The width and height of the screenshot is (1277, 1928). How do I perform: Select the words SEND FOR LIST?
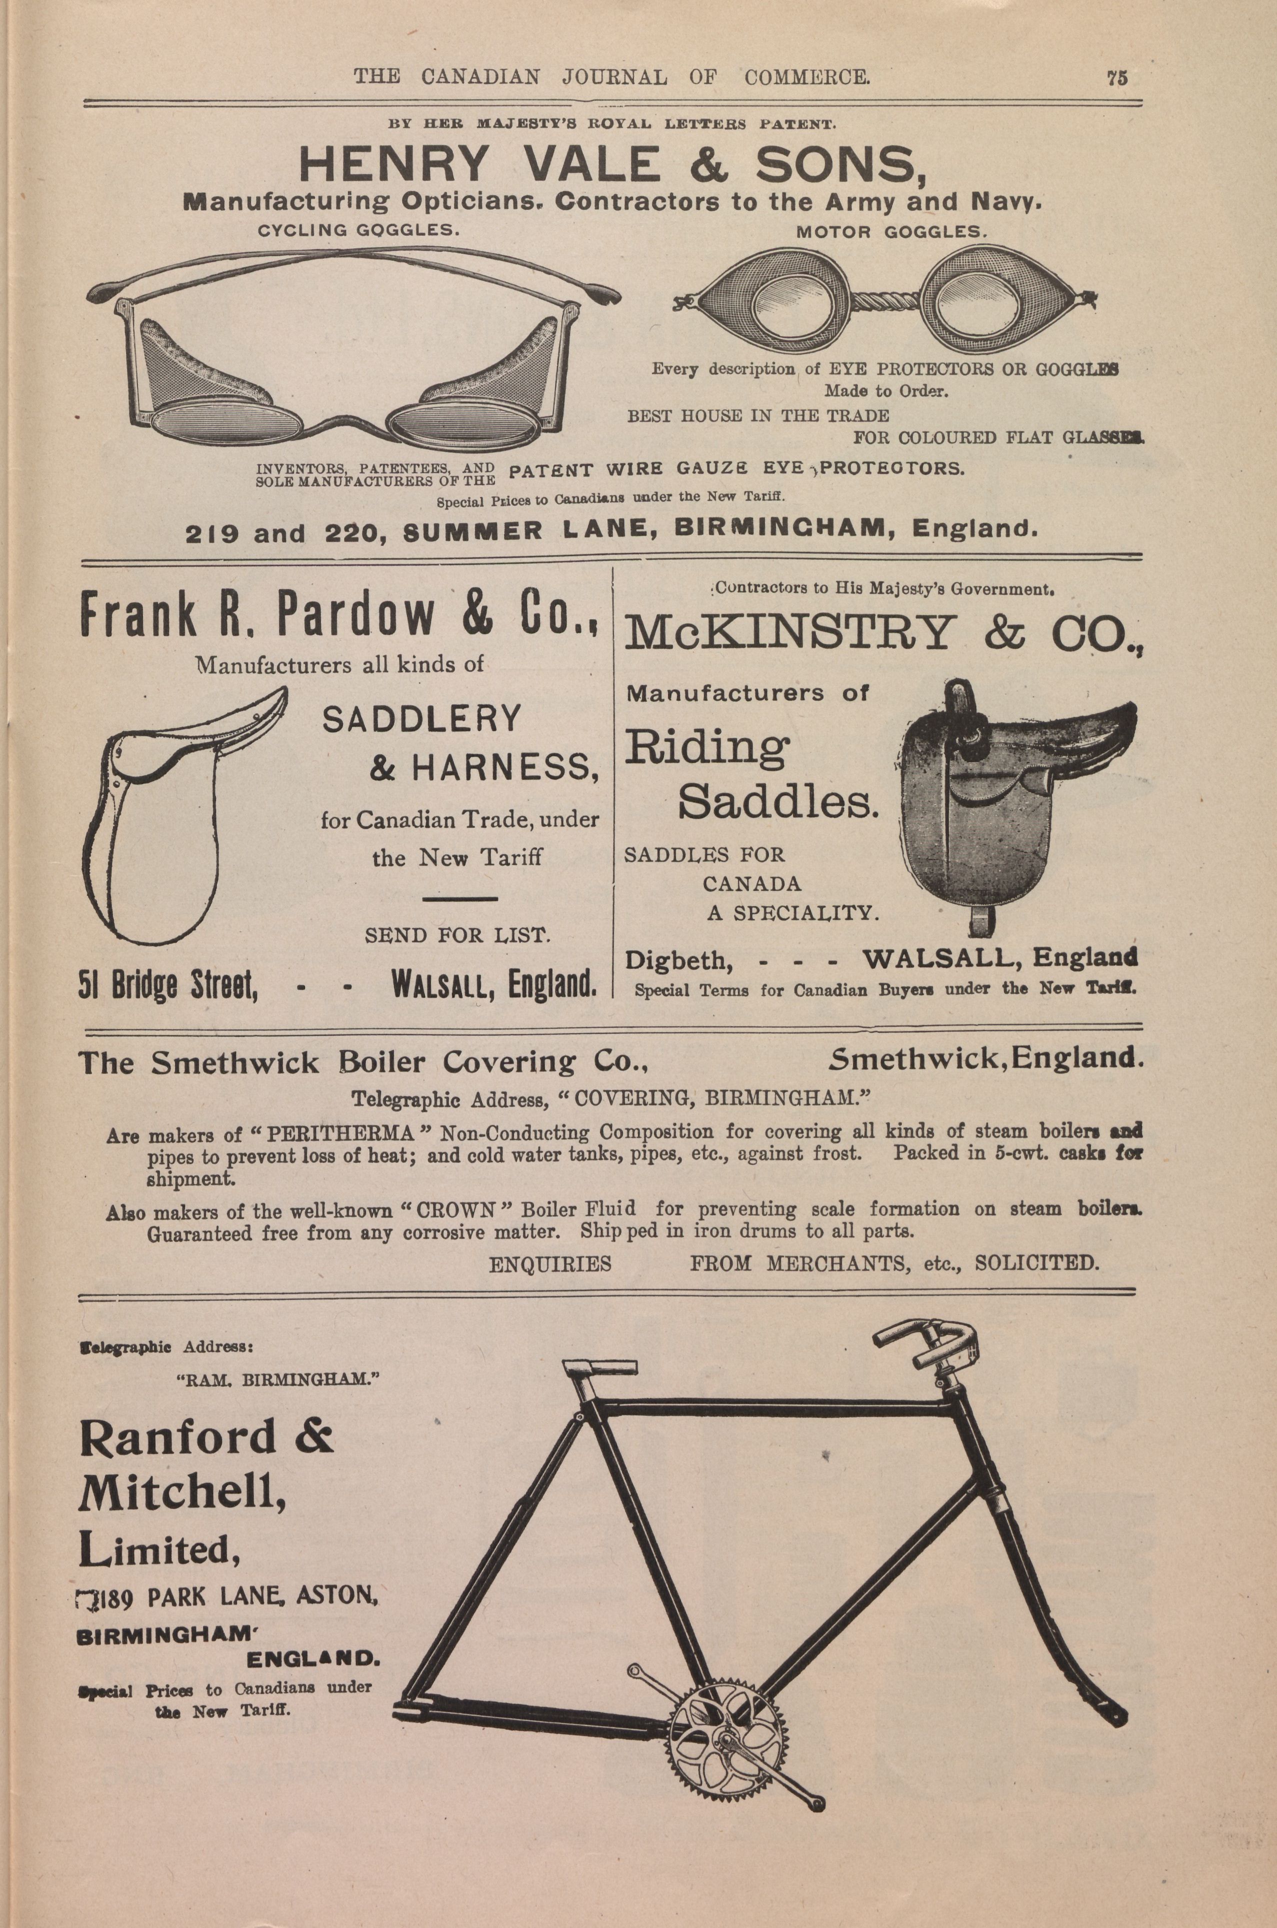click(x=457, y=936)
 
